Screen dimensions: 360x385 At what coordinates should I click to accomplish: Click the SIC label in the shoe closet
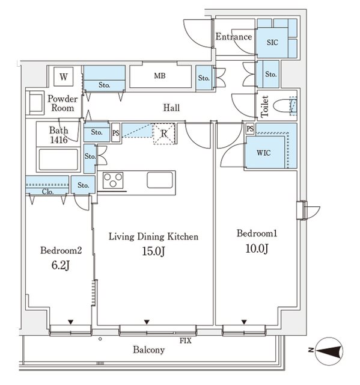(x=272, y=43)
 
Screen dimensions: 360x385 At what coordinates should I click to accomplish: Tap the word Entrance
(x=234, y=37)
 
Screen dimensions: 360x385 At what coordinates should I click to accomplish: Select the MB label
(x=160, y=76)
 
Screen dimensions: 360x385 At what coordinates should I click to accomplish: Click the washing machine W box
(x=64, y=76)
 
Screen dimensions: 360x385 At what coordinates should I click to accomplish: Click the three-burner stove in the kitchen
(x=113, y=180)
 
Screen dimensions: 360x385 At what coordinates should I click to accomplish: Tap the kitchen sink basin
(x=160, y=180)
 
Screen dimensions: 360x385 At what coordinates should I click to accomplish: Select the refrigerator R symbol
(x=164, y=134)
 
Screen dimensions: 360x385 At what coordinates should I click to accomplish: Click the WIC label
(x=264, y=153)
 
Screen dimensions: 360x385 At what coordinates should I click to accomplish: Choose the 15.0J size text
(x=153, y=251)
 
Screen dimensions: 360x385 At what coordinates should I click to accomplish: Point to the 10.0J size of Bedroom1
(x=257, y=248)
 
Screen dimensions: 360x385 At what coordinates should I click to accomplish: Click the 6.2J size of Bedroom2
(x=61, y=265)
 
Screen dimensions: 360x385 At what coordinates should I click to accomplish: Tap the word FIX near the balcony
(x=185, y=340)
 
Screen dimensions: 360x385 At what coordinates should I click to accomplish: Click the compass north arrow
(x=329, y=351)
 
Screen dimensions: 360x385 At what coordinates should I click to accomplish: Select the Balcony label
(x=148, y=350)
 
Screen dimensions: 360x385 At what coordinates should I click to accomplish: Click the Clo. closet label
(x=47, y=191)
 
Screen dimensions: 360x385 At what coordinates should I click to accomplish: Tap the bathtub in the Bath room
(x=58, y=159)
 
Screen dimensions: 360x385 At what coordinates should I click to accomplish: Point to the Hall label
(x=171, y=108)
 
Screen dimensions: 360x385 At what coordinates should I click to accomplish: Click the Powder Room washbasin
(x=35, y=103)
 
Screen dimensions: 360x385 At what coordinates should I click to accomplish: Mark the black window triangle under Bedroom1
(x=244, y=322)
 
